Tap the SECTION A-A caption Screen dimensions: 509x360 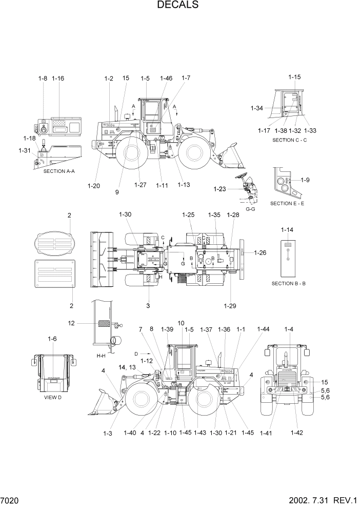(59, 171)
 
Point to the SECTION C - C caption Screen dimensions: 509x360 (289, 140)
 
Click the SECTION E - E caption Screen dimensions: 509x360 (287, 204)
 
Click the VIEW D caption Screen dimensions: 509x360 (52, 397)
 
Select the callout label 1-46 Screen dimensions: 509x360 (166, 79)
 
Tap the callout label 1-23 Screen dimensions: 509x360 (219, 189)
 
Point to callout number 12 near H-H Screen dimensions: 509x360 (71, 323)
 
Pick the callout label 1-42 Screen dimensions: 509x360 (296, 433)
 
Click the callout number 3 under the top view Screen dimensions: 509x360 (148, 306)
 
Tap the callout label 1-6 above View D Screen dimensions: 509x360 (52, 339)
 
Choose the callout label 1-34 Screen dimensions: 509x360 (256, 108)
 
